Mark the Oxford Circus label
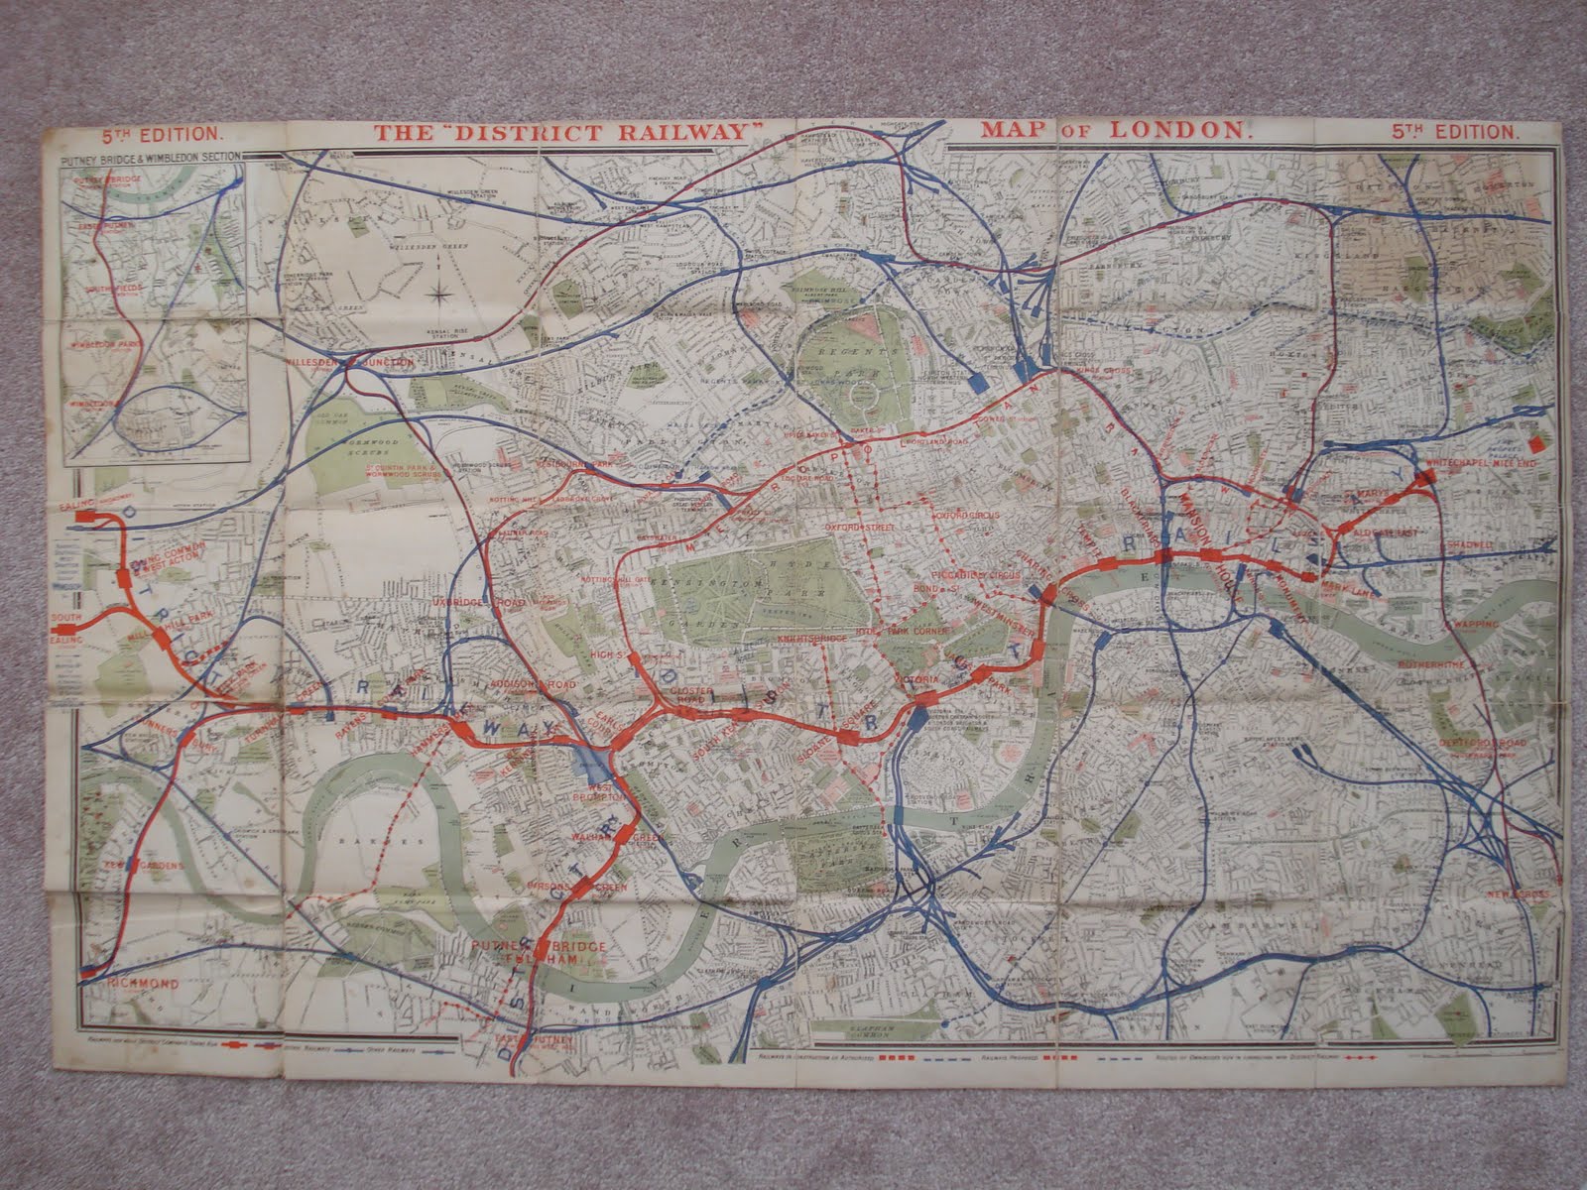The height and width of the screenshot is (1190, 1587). (x=965, y=516)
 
